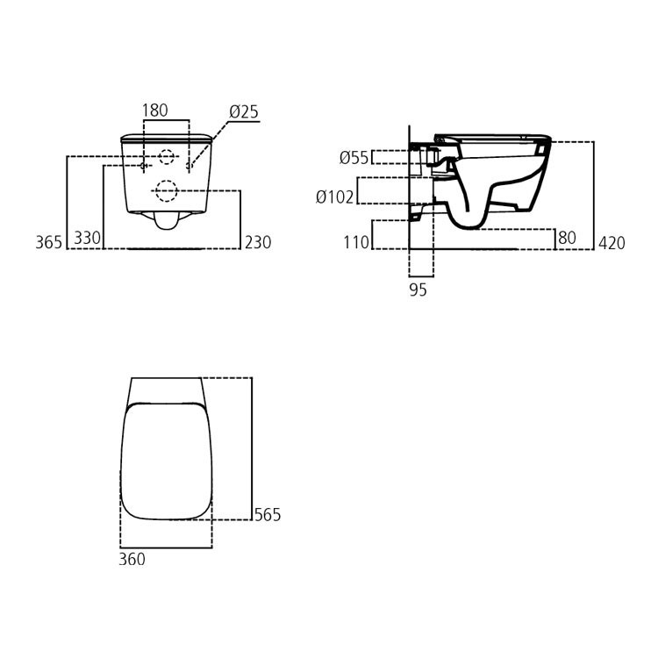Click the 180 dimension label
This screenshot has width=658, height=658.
pos(155,111)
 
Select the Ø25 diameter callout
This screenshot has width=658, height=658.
pos(244,111)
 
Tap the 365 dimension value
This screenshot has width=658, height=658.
pos(49,243)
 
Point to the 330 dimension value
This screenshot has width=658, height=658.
pos(87,239)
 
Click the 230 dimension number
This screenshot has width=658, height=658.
pos(258,243)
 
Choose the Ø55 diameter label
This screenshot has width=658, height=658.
pos(354,158)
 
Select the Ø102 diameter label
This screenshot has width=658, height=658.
pos(335,197)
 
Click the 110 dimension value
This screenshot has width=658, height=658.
pos(356,243)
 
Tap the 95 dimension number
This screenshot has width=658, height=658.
pos(418,290)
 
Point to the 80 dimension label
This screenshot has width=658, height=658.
pos(567,238)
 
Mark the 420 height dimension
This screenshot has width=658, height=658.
pos(612,243)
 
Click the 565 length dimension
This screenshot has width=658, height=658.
pos(267,515)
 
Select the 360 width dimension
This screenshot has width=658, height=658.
pos(132,560)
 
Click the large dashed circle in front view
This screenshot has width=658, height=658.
pos(166,190)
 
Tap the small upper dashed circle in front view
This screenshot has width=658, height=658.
pos(166,158)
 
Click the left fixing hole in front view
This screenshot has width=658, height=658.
pos(143,165)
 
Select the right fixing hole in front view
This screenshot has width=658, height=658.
pos(190,165)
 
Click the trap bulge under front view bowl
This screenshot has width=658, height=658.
pos(165,220)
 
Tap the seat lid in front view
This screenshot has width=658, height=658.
pos(166,138)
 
